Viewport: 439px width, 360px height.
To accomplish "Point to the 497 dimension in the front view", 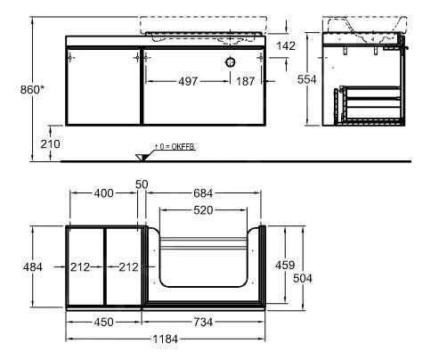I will point(185,81).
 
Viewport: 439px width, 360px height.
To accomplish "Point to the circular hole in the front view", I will point(229,61).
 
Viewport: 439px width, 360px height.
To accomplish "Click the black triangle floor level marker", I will point(141,159).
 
